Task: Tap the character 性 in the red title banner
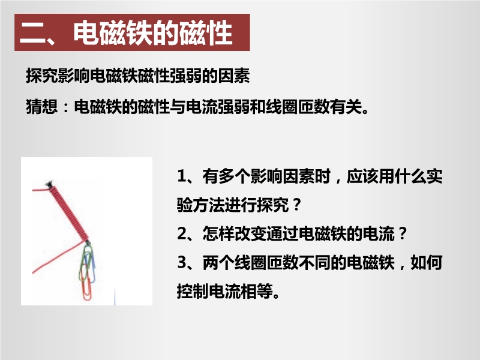(219, 32)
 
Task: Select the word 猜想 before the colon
(42, 107)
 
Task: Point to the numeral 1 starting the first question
(182, 176)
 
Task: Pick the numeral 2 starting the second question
(182, 233)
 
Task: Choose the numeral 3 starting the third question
(182, 262)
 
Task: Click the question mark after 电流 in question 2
(403, 234)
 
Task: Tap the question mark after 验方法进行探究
(296, 205)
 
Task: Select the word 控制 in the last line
(193, 291)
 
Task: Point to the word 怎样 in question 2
(218, 234)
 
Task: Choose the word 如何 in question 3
(427, 263)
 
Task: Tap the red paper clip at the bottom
(86, 283)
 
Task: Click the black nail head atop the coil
(49, 184)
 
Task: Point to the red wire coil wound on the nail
(69, 214)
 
